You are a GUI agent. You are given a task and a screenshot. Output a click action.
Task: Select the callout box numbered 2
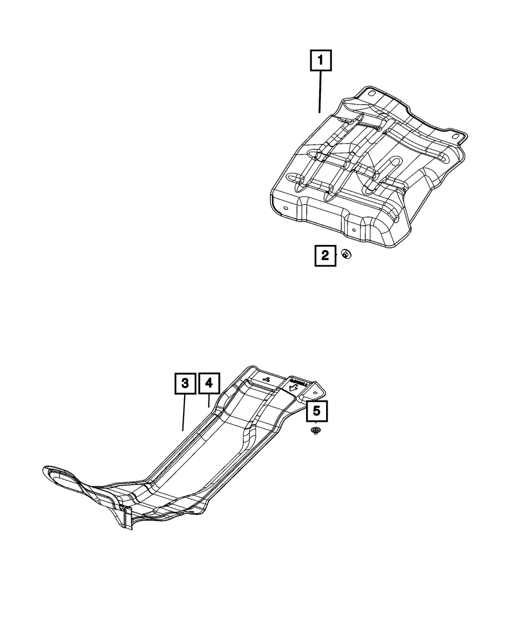pos(325,256)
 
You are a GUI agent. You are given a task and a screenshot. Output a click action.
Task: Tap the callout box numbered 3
pos(185,383)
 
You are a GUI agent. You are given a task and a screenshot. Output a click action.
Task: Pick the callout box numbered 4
pos(209,383)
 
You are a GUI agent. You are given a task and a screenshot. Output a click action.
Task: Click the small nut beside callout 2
pos(346,255)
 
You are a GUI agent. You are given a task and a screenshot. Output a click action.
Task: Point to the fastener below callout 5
pos(316,431)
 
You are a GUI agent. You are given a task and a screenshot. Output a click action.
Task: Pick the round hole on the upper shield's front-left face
pos(285,209)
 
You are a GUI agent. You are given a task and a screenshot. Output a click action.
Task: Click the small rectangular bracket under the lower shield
pos(126,517)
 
